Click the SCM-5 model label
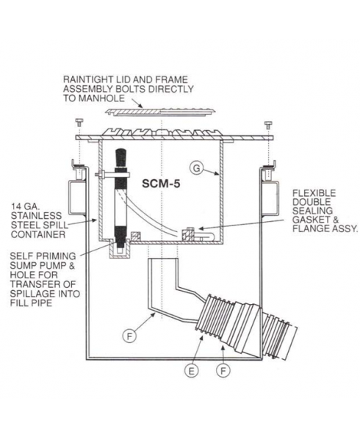coord(161,184)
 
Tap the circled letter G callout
coord(197,168)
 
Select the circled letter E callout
coord(191,371)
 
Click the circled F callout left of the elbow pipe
coord(129,336)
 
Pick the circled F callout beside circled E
coord(223,371)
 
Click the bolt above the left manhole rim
coord(79,123)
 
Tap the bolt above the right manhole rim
coord(269,123)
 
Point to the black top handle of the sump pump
coord(120,158)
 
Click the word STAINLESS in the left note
coord(36,216)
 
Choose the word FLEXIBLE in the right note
coord(314,193)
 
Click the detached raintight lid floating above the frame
coord(161,111)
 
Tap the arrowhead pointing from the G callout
coord(217,174)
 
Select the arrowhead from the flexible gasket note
coord(201,229)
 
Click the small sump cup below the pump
coord(120,250)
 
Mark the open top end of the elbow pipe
coord(163,259)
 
